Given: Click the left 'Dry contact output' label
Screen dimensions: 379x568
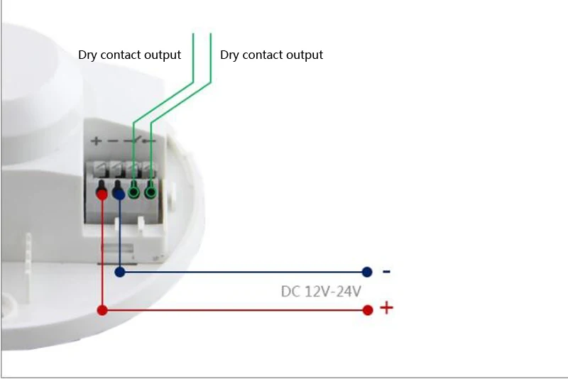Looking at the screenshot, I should coord(129,55).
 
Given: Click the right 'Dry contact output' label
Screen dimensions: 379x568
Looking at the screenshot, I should coord(271,55).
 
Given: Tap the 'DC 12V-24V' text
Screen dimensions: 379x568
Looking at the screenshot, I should coord(321,291).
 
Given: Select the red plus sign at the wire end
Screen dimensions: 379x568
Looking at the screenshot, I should coord(386,308).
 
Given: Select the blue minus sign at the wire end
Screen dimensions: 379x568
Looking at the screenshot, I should coord(386,271).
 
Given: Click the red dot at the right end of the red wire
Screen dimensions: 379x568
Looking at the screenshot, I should coord(368,309).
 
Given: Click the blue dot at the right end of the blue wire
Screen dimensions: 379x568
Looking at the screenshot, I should coord(367,271).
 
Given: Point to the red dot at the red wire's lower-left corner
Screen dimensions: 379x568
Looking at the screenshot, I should coord(102,309).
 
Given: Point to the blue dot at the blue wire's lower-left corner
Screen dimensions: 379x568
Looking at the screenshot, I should coord(120,271).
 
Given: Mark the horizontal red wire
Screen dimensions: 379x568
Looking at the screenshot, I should coord(234,309).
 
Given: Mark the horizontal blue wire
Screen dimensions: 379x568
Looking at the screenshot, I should coord(241,271).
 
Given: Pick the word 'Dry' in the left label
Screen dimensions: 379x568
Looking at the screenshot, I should coord(88,55).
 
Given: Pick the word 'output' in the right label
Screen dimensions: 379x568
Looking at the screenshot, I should coord(302,55).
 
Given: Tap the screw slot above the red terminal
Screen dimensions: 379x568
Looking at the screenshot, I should coord(102,169).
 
